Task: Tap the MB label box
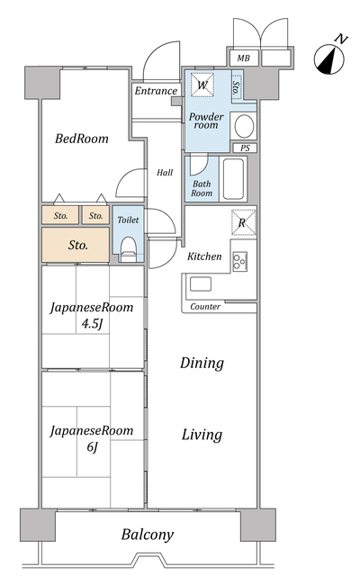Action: pos(244,58)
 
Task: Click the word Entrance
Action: pos(156,91)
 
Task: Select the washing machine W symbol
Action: pos(202,85)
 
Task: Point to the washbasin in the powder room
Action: pos(244,126)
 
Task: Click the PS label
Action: pos(245,148)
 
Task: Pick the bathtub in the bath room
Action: pos(233,179)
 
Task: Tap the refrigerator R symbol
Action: pos(244,222)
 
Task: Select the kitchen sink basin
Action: pos(201,284)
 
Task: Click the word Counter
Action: pos(205,307)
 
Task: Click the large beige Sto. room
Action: pos(76,245)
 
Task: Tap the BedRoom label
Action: pos(82,139)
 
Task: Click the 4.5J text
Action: pos(92,324)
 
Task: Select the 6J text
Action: pos(92,446)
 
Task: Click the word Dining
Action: pos(202,363)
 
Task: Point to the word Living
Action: pos(202,435)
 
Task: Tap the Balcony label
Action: pos(148,535)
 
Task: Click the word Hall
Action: pos(165,173)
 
